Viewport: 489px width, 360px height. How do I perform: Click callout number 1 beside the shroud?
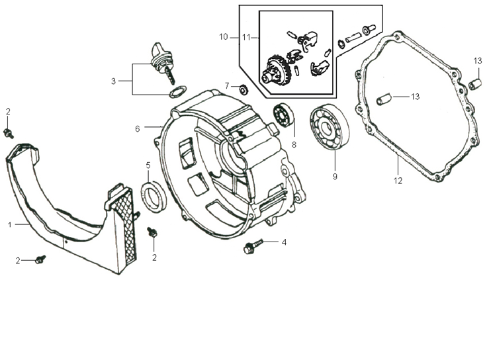(x=10, y=225)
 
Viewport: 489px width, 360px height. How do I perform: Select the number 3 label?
(x=113, y=81)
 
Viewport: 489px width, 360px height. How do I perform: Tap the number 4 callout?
(x=284, y=242)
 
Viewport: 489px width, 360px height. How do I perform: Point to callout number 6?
(x=138, y=128)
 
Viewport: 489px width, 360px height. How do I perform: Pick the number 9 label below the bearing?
(x=335, y=177)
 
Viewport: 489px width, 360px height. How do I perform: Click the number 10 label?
(x=223, y=37)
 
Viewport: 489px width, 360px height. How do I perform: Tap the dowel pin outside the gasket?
(x=474, y=85)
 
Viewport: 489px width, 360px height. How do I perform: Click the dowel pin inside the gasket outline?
(x=383, y=101)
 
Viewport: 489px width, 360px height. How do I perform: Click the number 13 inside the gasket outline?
(x=415, y=97)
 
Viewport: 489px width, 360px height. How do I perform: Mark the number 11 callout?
(x=246, y=37)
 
